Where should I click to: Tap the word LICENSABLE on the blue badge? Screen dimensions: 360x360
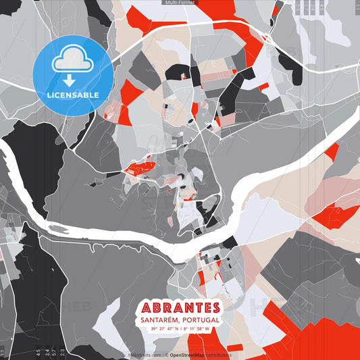tap(72, 95)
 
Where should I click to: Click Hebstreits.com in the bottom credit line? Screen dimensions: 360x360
tap(144, 355)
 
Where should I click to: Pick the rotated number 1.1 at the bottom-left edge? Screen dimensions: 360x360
tap(3, 351)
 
